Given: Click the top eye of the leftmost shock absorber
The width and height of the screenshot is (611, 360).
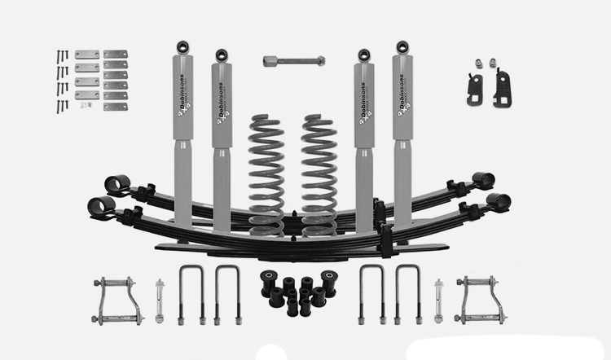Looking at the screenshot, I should (x=182, y=46).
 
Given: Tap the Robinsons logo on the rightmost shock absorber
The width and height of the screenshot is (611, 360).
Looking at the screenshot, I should (x=402, y=96).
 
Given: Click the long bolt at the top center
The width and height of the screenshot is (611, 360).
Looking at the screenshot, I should (x=294, y=60).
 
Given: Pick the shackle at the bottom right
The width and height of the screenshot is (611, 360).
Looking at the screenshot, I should (x=481, y=299).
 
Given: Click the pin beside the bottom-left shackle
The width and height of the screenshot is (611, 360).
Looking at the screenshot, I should (x=159, y=300).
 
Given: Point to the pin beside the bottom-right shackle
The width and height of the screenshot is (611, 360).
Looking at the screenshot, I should (x=440, y=300).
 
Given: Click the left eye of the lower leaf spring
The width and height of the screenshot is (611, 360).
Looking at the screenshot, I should (x=102, y=207).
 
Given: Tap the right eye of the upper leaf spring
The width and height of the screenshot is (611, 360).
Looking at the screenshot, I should (x=482, y=179).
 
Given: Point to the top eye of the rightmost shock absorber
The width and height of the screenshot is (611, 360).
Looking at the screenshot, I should (x=400, y=46).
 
